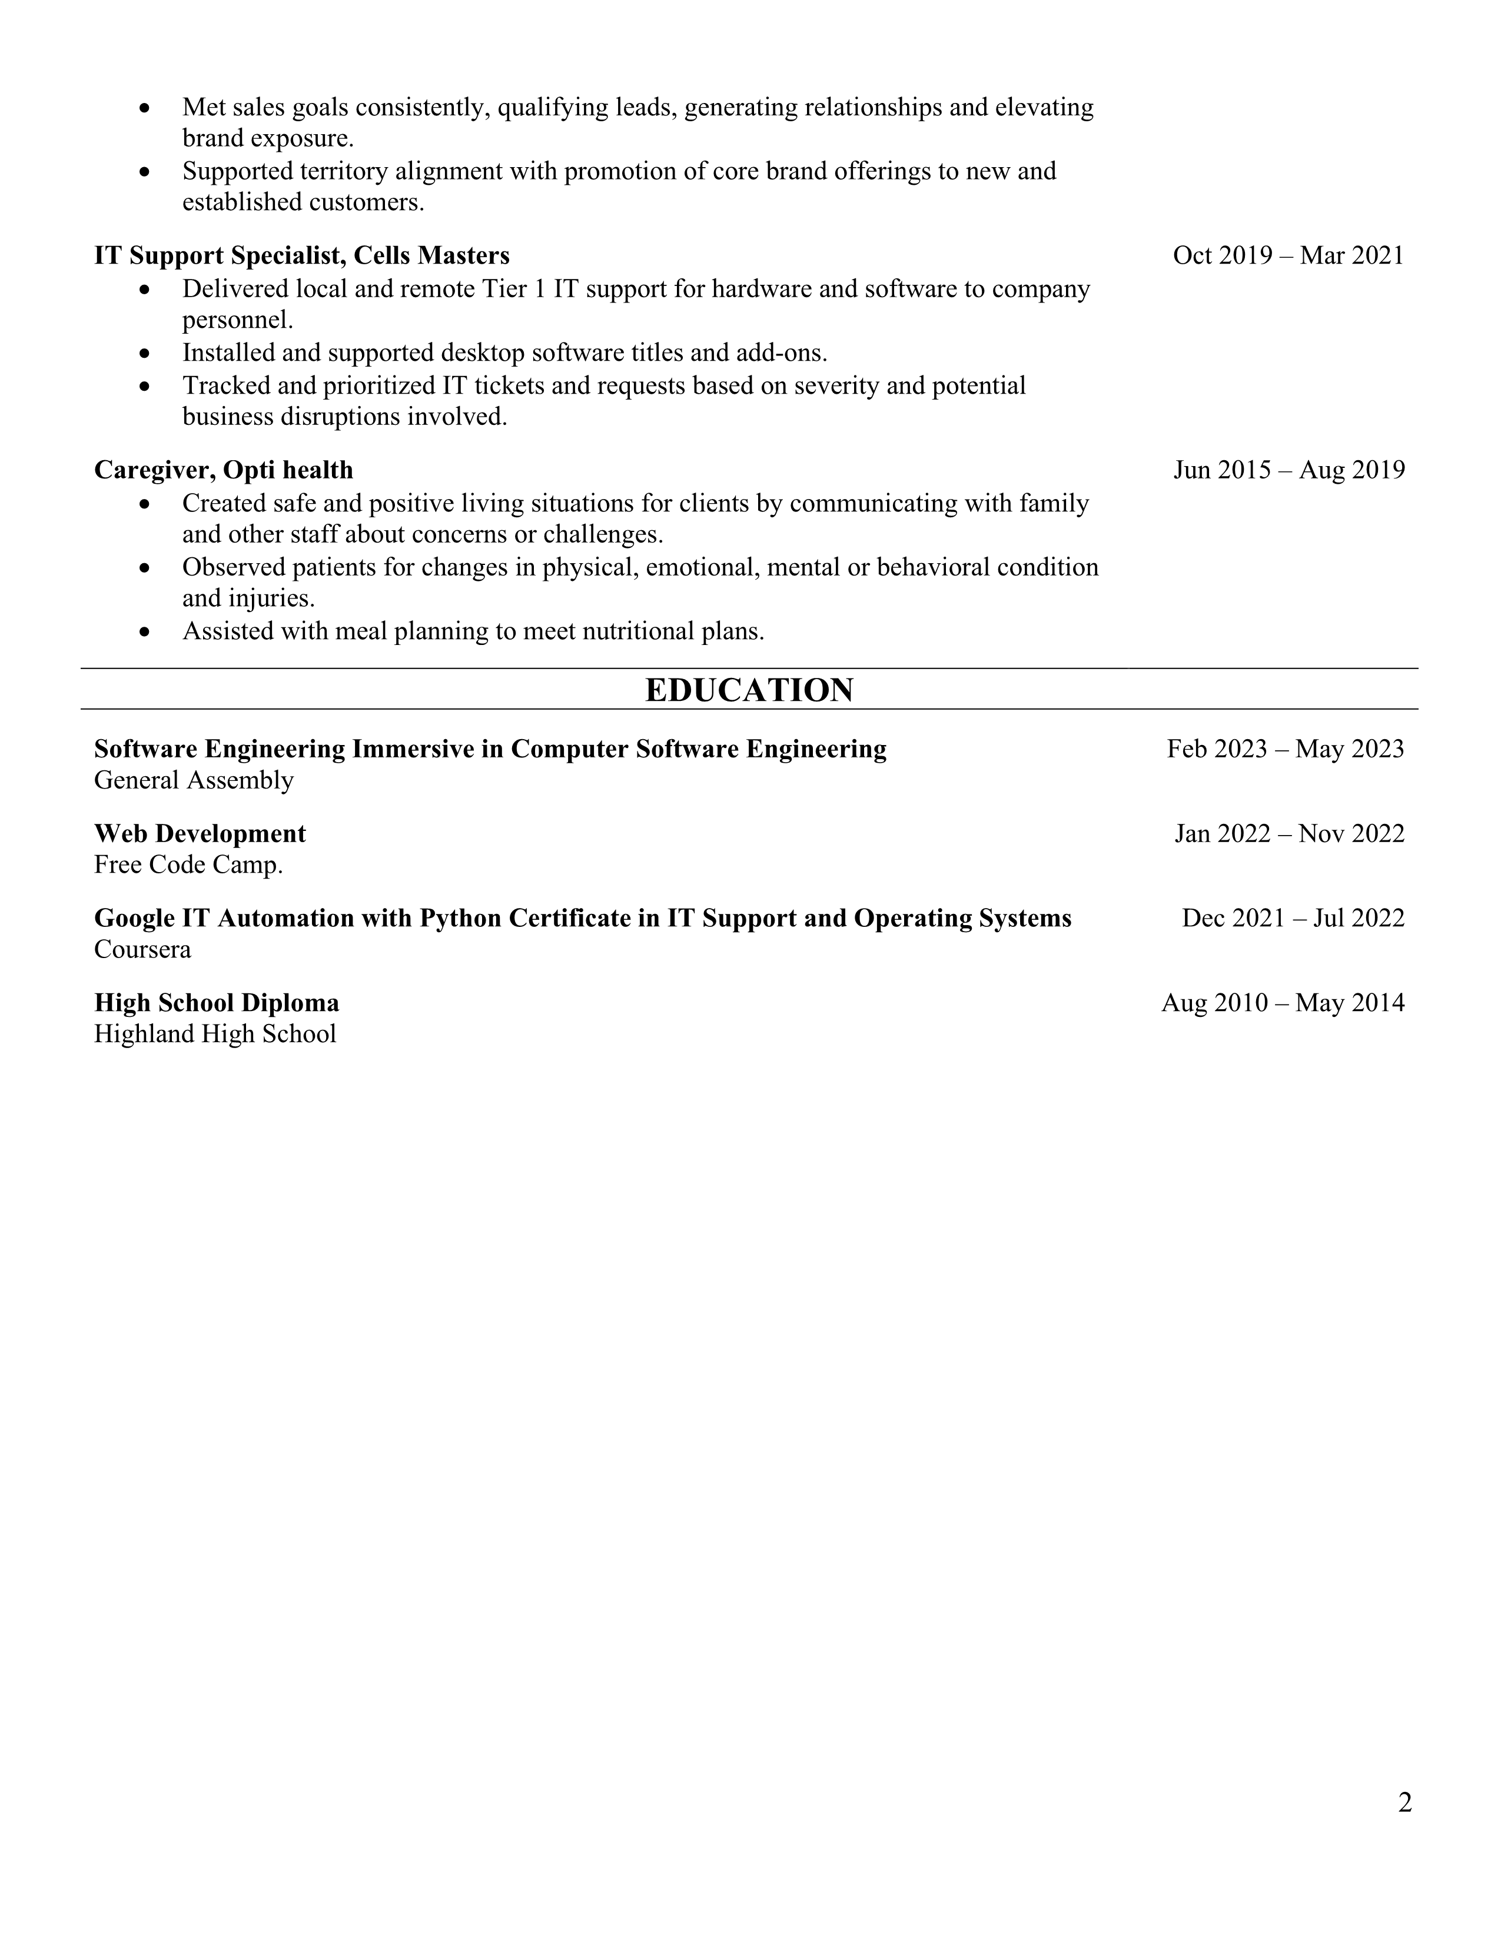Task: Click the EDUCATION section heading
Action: pos(749,690)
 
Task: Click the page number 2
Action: pos(1404,1803)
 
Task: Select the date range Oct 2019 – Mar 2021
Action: pos(1287,255)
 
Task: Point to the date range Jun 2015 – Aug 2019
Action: pos(1289,470)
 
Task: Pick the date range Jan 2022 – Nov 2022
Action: pos(1289,833)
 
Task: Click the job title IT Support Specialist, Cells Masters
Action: pos(301,255)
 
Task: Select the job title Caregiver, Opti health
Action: pos(223,470)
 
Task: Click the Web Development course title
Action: pos(200,833)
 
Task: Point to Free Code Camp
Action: pos(188,864)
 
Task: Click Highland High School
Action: pos(215,1034)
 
